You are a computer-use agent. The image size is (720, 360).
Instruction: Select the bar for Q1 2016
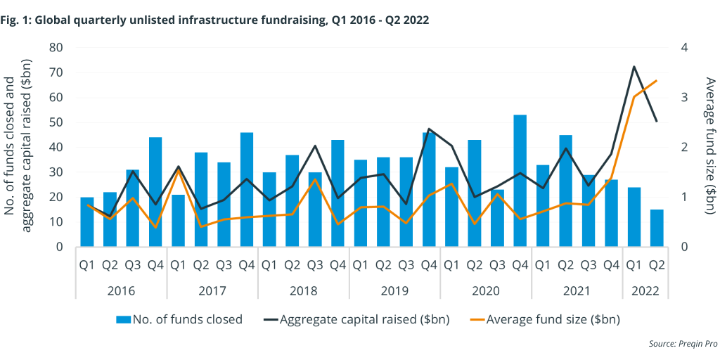[x=87, y=221]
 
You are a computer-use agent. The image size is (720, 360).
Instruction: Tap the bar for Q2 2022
[x=657, y=228]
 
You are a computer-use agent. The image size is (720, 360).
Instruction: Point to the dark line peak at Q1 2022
[x=634, y=67]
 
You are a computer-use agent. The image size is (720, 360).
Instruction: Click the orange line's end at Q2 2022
[x=657, y=81]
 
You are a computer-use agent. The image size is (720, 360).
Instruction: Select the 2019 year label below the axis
[x=394, y=290]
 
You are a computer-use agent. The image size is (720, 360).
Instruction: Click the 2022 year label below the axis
[x=645, y=290]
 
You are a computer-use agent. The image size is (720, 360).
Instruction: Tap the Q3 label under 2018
[x=315, y=265]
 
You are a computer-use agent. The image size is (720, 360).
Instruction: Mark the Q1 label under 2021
[x=543, y=265]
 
